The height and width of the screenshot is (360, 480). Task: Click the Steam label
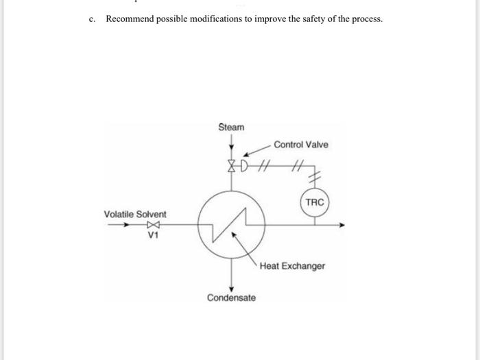point(231,127)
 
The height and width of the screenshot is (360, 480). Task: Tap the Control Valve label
point(300,145)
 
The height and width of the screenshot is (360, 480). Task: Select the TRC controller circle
point(314,202)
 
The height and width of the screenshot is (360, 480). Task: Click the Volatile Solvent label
point(135,214)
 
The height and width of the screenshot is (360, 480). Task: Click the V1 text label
point(154,235)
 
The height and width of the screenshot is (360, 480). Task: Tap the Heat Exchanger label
point(292,265)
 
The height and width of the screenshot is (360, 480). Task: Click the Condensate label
point(232,298)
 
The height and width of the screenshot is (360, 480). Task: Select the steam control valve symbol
point(232,165)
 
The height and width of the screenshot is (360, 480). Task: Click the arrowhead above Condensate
point(232,287)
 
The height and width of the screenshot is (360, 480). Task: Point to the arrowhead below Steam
point(232,145)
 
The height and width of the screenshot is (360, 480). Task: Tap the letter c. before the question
point(92,19)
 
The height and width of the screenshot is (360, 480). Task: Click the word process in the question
point(365,19)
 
